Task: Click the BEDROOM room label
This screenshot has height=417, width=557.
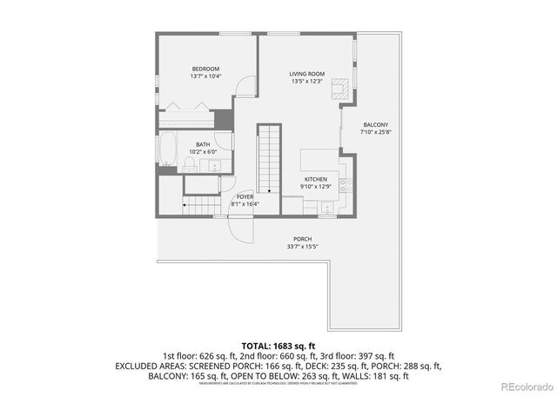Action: click(205, 69)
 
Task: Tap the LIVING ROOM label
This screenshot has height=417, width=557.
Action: click(306, 74)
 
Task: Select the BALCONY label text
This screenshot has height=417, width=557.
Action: click(375, 124)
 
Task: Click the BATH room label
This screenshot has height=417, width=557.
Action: click(202, 144)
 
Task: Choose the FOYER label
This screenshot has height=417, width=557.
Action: click(245, 197)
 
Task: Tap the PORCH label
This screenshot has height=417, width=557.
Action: click(302, 239)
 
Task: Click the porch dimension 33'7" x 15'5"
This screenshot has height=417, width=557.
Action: click(302, 247)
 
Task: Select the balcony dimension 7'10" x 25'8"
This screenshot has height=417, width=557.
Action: click(375, 132)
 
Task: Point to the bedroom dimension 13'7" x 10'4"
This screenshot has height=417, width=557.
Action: click(205, 76)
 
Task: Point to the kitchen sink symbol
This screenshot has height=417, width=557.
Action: click(326, 207)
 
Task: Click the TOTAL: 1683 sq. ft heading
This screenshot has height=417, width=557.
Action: click(278, 346)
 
